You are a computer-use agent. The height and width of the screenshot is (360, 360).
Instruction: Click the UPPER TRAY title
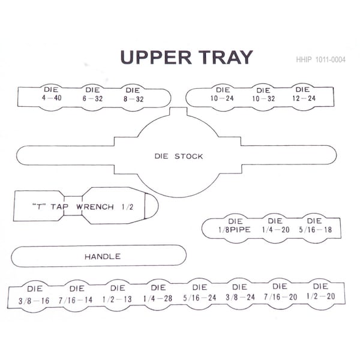(187, 57)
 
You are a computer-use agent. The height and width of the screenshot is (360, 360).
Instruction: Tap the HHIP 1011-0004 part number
(320, 59)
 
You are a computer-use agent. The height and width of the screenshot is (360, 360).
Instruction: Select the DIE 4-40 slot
(52, 97)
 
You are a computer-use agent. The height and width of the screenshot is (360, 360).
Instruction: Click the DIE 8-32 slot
(133, 98)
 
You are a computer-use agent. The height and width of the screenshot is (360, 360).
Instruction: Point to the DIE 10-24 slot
(222, 97)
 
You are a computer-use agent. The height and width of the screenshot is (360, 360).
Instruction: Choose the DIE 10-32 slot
(263, 97)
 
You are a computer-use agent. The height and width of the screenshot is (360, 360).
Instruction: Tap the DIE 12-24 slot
(304, 97)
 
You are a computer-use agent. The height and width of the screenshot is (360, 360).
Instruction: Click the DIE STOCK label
(179, 157)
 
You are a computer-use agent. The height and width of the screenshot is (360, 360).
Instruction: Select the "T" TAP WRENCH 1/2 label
(83, 206)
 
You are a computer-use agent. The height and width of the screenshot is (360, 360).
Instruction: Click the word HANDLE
(103, 256)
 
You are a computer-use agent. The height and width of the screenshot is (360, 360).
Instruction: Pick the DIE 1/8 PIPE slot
(235, 228)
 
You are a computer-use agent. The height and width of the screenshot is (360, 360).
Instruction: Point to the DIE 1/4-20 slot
(275, 228)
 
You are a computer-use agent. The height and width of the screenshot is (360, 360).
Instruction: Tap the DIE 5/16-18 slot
(315, 228)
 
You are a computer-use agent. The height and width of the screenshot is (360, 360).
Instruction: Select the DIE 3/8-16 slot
(34, 296)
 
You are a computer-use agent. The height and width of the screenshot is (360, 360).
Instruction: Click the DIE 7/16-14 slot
(76, 296)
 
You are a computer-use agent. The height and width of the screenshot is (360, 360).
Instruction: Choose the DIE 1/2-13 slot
(118, 295)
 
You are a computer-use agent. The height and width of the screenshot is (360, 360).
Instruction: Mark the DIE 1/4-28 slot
(158, 295)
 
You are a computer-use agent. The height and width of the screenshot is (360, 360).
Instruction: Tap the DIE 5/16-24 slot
(200, 295)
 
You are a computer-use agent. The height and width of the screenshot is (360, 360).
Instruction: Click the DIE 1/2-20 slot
(321, 294)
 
